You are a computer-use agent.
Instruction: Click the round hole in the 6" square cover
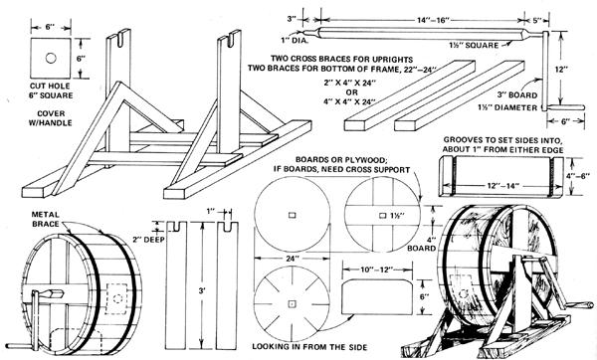[51, 59]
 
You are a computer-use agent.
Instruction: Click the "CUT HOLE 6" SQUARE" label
[51, 90]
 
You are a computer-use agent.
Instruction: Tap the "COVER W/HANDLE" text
[51, 118]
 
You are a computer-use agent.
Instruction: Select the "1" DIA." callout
[295, 41]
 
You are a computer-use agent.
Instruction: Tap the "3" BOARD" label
[517, 94]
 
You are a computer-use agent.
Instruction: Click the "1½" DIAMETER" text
[507, 107]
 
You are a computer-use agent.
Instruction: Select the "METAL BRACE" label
[46, 219]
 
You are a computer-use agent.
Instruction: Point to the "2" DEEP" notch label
[148, 240]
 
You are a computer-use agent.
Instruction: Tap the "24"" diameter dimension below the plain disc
[292, 259]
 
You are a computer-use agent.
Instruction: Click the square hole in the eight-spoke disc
[292, 303]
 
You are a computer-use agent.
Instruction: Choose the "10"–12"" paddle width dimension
[376, 270]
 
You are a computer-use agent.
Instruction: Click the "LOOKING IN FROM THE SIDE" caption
[309, 347]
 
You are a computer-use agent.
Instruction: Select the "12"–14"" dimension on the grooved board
[502, 186]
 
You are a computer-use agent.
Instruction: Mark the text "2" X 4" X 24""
[350, 83]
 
